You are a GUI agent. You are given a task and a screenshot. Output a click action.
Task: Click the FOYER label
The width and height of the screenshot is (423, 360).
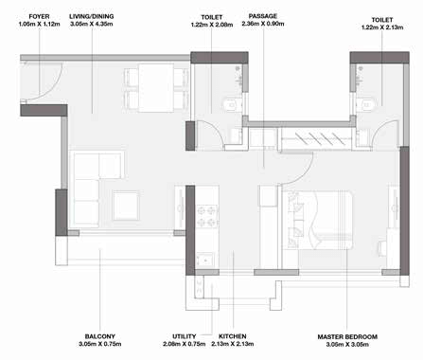(39, 16)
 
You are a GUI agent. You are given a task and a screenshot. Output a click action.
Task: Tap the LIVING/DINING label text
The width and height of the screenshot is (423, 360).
(92, 16)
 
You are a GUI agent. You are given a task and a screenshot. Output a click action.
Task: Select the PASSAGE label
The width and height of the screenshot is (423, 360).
(263, 16)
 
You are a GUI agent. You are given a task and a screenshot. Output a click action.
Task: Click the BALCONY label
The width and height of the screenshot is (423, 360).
(99, 336)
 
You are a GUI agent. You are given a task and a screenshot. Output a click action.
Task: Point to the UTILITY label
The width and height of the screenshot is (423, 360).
(185, 336)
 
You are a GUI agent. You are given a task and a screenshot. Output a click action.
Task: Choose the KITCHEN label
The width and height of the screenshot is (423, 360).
(233, 336)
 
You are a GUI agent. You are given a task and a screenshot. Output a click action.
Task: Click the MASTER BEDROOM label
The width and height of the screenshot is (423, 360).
(347, 337)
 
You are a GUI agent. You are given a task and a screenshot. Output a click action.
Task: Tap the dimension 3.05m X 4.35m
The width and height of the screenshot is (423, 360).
(92, 24)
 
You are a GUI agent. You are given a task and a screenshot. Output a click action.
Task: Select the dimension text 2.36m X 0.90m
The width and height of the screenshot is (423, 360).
(263, 24)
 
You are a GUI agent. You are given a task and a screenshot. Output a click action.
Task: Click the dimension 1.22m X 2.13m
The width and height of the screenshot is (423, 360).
(382, 27)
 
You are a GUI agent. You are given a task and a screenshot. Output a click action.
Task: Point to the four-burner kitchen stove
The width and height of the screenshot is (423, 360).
(207, 216)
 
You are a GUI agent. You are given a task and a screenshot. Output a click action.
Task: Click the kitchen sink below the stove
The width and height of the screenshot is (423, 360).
(205, 260)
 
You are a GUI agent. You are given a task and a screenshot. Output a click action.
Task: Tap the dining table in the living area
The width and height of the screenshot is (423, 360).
(156, 88)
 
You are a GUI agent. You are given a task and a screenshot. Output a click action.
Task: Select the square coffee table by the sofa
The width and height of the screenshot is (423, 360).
(126, 206)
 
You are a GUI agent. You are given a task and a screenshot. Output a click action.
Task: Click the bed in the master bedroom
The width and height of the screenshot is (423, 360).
(317, 220)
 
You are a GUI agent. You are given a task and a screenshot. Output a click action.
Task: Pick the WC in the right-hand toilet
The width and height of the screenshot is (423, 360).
(365, 104)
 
